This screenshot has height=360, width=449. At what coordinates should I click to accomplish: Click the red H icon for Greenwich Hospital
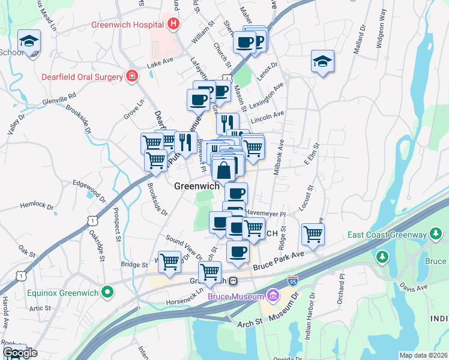tap(173, 25)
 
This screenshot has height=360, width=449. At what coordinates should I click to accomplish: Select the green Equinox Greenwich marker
tap(108, 293)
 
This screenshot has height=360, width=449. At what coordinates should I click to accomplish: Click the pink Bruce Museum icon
tap(273, 296)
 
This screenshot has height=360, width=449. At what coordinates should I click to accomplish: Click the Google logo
tap(19, 352)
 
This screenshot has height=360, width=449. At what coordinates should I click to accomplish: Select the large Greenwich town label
tap(196, 186)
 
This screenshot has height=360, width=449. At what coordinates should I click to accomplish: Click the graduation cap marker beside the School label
tap(28, 41)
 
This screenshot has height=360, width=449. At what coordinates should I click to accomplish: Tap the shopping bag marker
tap(223, 170)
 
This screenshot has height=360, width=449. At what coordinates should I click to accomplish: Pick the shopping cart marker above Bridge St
tap(170, 261)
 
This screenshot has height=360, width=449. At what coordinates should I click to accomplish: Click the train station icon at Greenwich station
tap(237, 281)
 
